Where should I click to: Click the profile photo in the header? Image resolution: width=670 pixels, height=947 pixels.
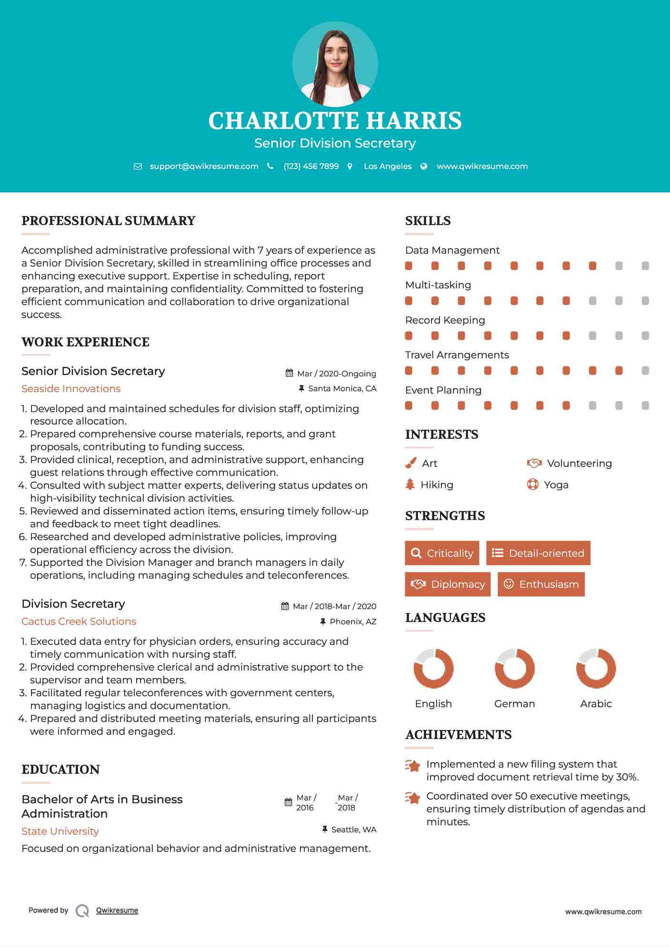[335, 64]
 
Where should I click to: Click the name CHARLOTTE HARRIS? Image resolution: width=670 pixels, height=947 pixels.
[335, 121]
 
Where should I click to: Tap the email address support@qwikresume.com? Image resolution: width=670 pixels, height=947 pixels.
[204, 166]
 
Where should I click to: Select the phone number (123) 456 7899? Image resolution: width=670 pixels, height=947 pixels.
[311, 166]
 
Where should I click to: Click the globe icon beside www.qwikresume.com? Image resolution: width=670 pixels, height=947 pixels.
[424, 166]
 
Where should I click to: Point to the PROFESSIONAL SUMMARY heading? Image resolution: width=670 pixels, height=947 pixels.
[109, 221]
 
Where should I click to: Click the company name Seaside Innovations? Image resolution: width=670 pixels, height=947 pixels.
[71, 389]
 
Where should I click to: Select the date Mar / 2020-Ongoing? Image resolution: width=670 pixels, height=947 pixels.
[336, 374]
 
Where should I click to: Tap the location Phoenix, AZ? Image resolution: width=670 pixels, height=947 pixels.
[353, 621]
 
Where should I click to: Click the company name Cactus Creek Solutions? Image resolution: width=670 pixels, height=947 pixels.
[79, 621]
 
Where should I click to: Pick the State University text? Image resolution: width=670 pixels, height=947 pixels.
[60, 831]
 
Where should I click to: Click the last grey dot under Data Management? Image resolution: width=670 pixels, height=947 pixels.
[645, 266]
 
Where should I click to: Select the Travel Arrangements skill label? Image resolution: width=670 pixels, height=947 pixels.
[457, 355]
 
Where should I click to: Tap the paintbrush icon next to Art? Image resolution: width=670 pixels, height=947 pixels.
[410, 463]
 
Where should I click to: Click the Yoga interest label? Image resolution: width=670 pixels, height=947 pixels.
[556, 485]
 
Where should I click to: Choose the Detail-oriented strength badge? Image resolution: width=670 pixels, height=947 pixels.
[538, 553]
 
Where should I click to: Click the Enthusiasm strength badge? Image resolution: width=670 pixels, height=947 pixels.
[541, 584]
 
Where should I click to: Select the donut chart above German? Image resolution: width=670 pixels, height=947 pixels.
[514, 668]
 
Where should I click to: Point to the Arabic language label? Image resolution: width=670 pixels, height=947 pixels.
[596, 704]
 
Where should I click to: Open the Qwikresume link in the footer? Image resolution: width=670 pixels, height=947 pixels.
[117, 910]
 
